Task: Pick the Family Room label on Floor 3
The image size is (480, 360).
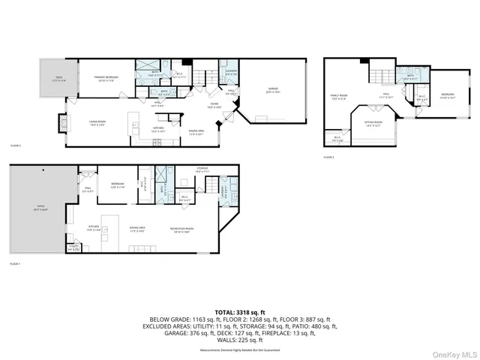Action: pyautogui.click(x=340, y=97)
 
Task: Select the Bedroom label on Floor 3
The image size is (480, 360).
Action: pyautogui.click(x=447, y=96)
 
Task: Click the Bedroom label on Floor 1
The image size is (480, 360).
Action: pyautogui.click(x=118, y=185)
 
